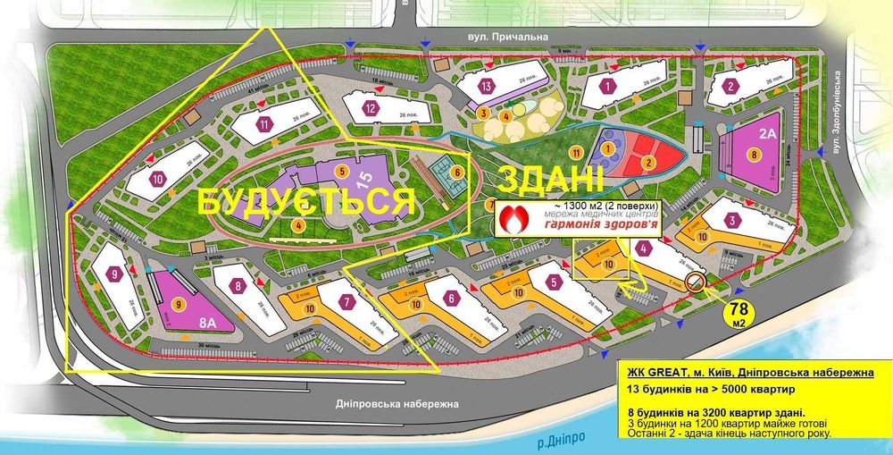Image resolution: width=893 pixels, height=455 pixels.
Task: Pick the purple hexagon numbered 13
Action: [x=486, y=87]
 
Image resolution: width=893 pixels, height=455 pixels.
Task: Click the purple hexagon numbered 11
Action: [x=263, y=124]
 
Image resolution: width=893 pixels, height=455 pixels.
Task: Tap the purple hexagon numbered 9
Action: [x=114, y=275]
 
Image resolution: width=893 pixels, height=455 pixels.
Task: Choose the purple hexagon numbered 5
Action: [x=555, y=283]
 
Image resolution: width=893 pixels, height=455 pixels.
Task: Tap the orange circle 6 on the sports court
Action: [x=456, y=173]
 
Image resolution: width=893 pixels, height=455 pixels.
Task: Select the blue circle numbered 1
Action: [x=608, y=147]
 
